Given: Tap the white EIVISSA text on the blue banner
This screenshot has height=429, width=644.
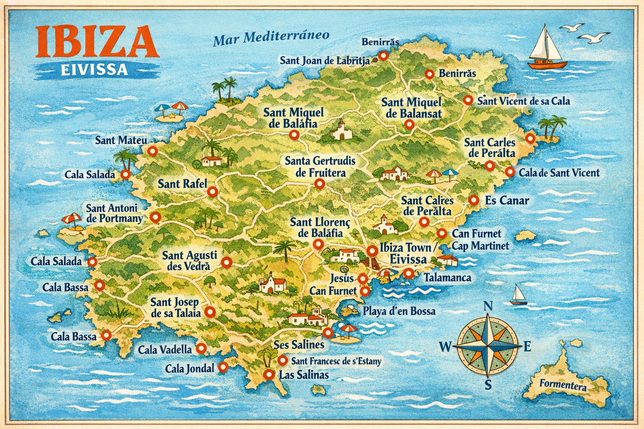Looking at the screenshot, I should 94,69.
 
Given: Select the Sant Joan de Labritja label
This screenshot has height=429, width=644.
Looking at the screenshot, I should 325,61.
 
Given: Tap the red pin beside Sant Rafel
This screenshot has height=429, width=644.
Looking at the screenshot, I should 213,192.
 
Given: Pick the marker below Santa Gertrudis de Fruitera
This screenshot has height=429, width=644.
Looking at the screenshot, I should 320,183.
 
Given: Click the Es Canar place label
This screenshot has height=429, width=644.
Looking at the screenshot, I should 507,201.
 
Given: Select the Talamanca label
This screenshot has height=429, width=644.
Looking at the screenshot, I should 447,277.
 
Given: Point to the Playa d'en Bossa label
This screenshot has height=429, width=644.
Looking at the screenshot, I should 399,311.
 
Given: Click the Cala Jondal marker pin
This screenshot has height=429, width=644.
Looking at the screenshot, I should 223,367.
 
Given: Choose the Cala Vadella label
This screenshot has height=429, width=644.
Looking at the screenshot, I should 165,349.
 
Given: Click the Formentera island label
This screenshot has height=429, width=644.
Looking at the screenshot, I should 563,384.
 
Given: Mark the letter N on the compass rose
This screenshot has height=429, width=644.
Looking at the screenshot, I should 488,306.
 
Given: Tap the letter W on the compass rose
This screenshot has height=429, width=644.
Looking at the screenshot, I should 445,347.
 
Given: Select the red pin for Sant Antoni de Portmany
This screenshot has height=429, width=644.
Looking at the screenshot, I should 155,217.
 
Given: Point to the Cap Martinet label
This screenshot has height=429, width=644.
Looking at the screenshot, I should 480,246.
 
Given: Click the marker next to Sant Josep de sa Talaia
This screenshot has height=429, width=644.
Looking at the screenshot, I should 210,312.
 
